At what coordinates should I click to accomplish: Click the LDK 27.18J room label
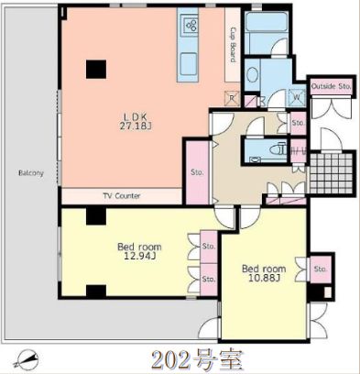[x=135, y=121]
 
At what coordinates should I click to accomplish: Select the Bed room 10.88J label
[x=263, y=273]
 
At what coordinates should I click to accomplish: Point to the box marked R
[x=234, y=99]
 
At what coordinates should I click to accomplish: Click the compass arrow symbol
[x=29, y=357]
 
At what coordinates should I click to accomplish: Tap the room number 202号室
[x=197, y=357]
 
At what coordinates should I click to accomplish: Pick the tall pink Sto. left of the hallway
[x=196, y=171]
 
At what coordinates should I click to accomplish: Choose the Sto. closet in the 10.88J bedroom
[x=319, y=269]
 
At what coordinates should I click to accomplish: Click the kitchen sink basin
[x=190, y=64]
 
